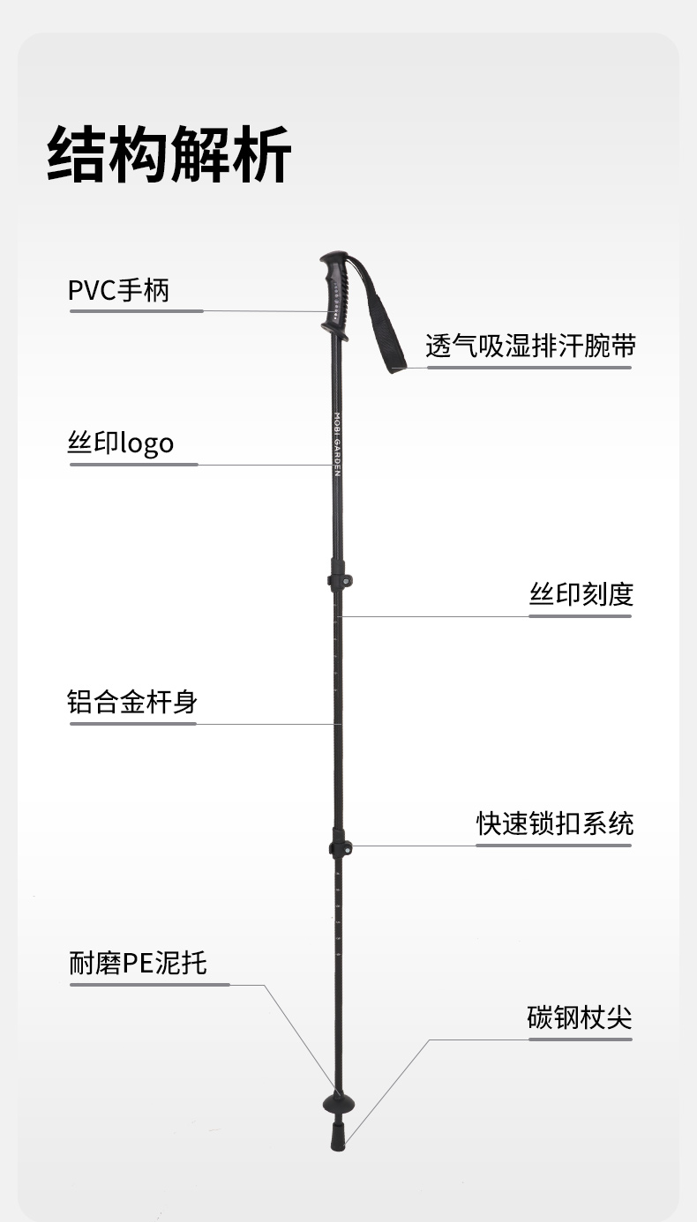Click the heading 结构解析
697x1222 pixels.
169,155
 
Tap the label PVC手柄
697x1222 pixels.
118,289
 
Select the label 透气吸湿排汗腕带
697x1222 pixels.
530,345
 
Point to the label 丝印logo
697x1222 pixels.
121,443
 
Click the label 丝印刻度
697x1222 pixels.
581,593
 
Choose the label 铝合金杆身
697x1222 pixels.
132,702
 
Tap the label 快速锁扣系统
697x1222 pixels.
555,823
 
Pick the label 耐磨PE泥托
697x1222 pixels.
138,963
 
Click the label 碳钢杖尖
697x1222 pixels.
580,1017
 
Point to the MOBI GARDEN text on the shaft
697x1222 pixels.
336,443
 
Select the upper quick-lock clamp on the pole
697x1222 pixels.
340,581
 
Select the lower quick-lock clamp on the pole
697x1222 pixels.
340,848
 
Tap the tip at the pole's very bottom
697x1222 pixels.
337,1143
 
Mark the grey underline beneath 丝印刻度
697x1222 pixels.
580,616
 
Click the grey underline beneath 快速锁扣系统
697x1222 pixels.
554,846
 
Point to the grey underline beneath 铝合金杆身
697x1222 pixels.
132,724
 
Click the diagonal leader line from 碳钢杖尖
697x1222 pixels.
388,1089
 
